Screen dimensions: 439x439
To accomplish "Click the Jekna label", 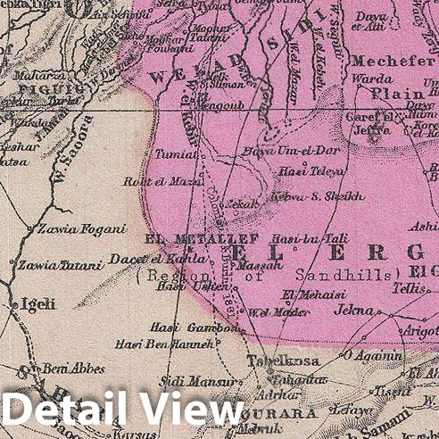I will click(353, 311).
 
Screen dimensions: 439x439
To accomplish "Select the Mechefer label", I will click(385, 61).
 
